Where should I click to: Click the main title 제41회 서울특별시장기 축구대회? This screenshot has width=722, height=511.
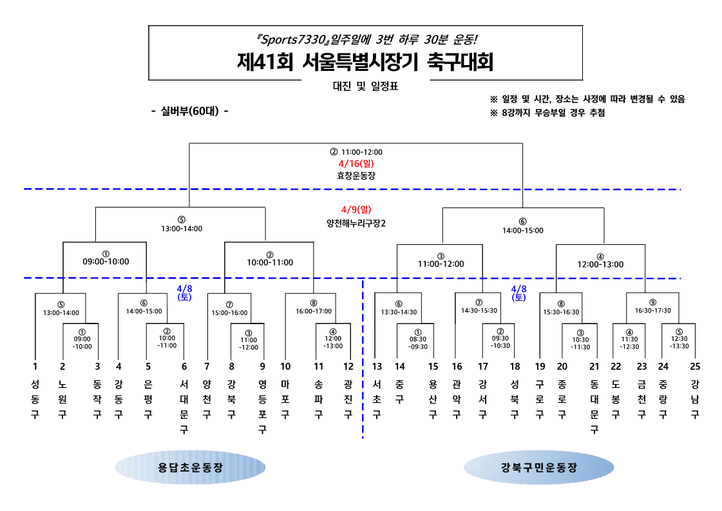coord(365,63)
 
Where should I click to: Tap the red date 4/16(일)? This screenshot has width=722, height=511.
coord(356,164)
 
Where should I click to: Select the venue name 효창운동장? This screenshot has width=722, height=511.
coord(356,175)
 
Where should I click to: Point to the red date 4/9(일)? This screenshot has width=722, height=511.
coord(356,209)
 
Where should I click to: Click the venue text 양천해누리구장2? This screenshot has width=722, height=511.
coord(356,223)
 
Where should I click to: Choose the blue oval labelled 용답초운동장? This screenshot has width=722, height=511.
coord(190,468)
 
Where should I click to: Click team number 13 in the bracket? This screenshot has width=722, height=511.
coord(377,367)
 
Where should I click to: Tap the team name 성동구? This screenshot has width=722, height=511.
coord(35,399)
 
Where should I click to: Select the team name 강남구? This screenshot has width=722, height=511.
coord(694,399)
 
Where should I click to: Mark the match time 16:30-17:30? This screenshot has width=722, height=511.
coord(653,311)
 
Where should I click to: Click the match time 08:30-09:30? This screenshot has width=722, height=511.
coord(418,342)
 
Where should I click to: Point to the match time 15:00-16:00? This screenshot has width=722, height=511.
coord(229,313)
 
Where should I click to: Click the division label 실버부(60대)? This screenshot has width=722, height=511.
coord(189,111)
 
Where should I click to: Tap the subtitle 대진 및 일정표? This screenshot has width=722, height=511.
coord(365,86)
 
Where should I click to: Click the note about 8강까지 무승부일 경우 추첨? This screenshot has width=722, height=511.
coord(547,113)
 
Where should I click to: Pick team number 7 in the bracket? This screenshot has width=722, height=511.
coord(207,367)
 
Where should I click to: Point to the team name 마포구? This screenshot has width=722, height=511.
coord(285,399)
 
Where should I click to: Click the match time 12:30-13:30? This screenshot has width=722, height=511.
coord(679,342)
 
